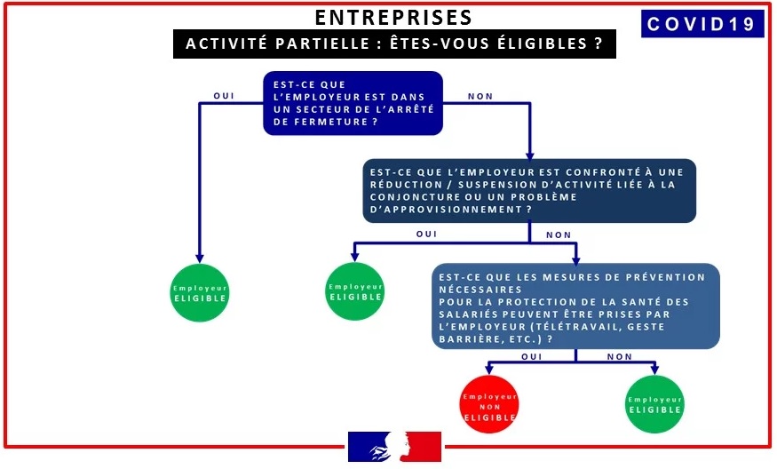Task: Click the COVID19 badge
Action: (x=702, y=24)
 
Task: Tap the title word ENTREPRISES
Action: (x=393, y=18)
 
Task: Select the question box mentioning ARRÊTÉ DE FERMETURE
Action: (x=353, y=103)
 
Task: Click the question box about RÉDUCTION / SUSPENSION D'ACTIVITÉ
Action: (x=529, y=190)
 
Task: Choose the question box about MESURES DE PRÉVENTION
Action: (x=576, y=306)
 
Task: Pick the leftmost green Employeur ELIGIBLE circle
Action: (x=200, y=293)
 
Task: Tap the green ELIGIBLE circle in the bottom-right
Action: (x=655, y=404)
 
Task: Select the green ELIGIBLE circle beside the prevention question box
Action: (x=355, y=291)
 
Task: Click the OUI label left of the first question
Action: (x=225, y=96)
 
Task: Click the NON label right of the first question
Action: (x=480, y=96)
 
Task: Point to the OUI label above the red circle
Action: (x=531, y=356)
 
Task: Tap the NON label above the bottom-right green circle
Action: (x=619, y=356)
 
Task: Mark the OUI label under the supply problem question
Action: (x=427, y=234)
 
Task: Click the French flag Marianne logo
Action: (x=395, y=447)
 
